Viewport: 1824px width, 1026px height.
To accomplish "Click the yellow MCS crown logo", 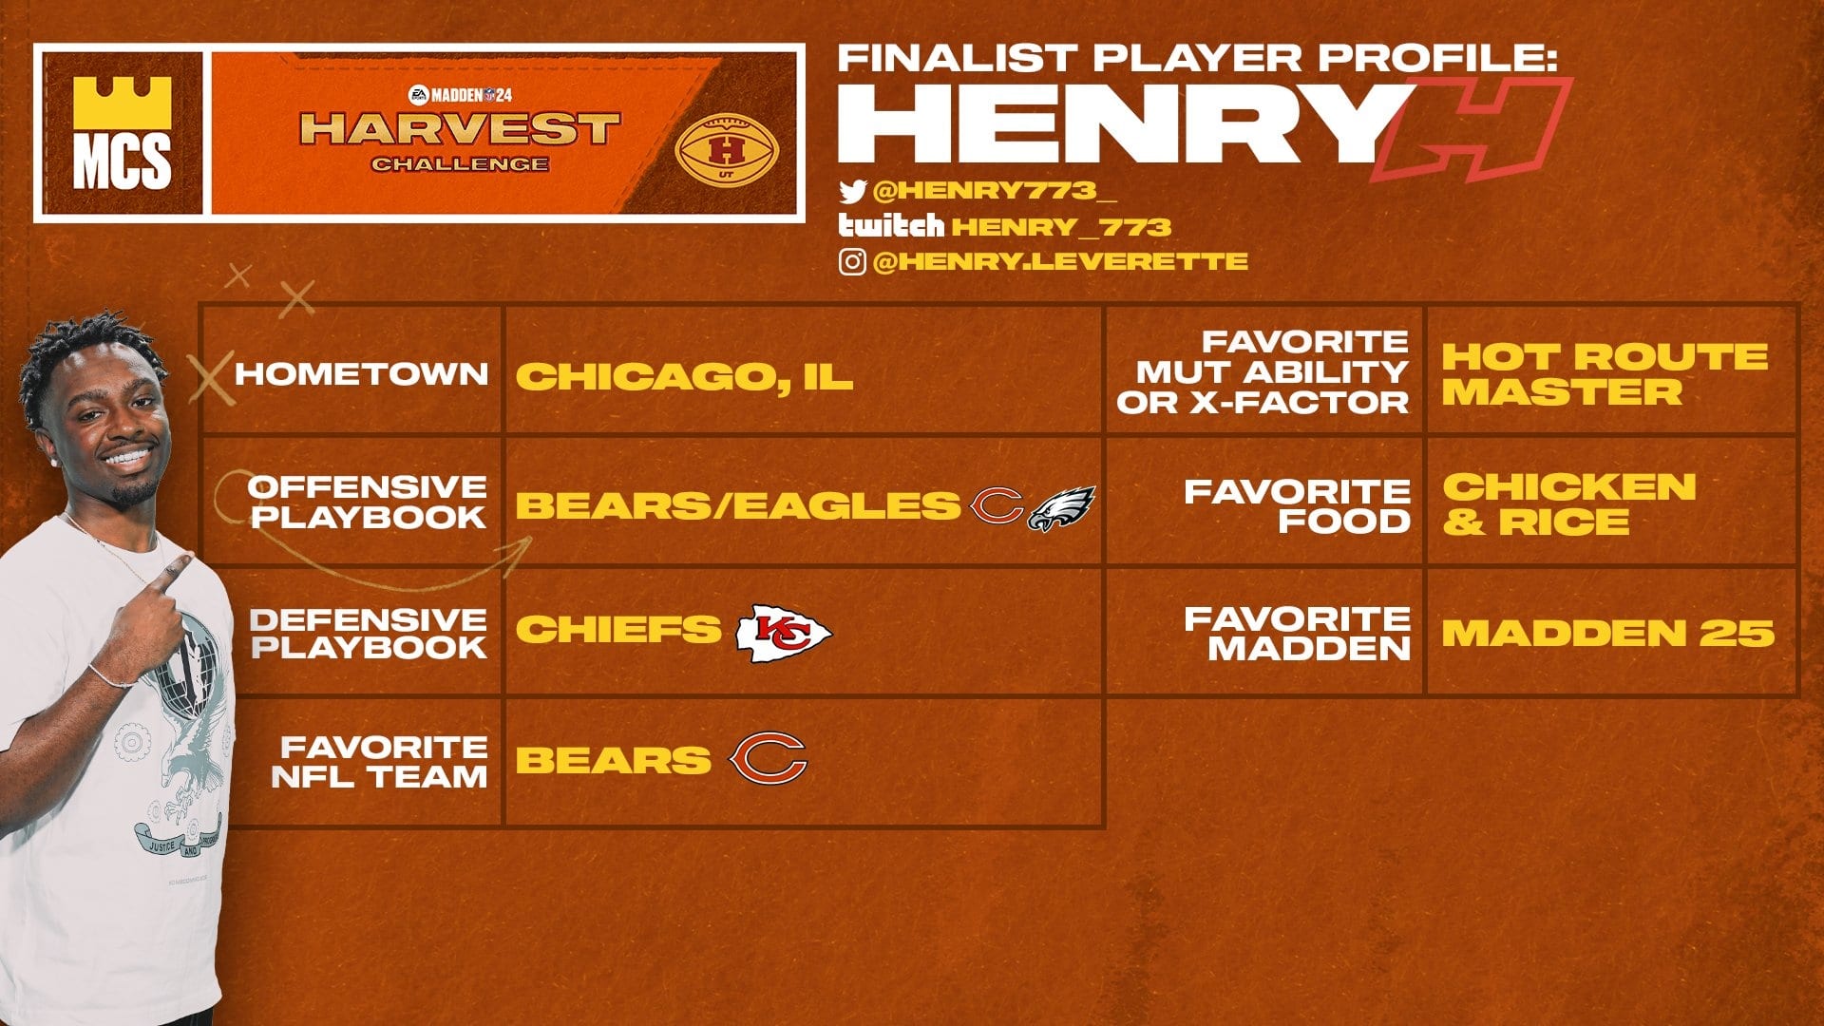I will pyautogui.click(x=122, y=132).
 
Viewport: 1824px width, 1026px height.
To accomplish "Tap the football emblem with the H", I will pyautogui.click(x=727, y=149).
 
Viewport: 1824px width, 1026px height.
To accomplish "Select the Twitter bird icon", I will pyautogui.click(x=852, y=192).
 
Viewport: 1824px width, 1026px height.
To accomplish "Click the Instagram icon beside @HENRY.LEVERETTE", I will pyautogui.click(x=852, y=261).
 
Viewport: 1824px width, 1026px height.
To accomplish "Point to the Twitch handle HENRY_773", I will pyautogui.click(x=1061, y=227).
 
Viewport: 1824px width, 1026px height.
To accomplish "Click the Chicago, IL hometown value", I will pyautogui.click(x=684, y=376).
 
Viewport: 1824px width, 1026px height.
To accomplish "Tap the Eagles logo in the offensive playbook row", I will pyautogui.click(x=1061, y=508).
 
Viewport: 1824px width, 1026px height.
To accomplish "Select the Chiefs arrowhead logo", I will pyautogui.click(x=784, y=633).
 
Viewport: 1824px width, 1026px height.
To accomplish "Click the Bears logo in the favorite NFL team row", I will pyautogui.click(x=768, y=759).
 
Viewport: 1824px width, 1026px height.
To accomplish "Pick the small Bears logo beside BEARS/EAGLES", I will pyautogui.click(x=996, y=506).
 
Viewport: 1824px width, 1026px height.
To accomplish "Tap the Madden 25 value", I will pyautogui.click(x=1607, y=634).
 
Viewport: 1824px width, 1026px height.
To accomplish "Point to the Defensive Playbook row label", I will pyautogui.click(x=368, y=634).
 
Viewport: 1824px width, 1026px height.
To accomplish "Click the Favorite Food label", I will pyautogui.click(x=1297, y=506).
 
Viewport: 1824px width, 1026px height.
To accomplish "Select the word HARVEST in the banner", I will pyautogui.click(x=460, y=129).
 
